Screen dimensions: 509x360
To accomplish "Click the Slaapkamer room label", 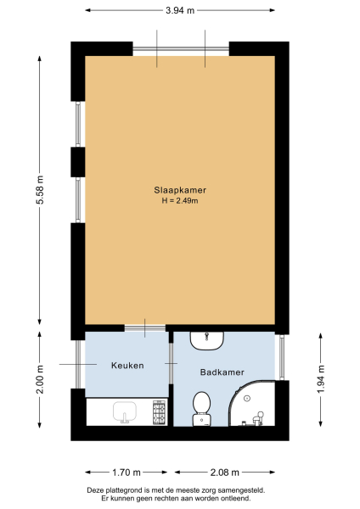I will pyautogui.click(x=179, y=190).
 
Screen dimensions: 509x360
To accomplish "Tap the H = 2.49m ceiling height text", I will pyautogui.click(x=179, y=200).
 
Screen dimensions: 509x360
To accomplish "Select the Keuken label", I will pyautogui.click(x=127, y=366).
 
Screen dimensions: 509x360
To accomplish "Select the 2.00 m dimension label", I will pyautogui.click(x=40, y=384).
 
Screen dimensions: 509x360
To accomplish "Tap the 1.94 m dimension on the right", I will pyautogui.click(x=321, y=383).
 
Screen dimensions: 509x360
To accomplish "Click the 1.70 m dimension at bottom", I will pyautogui.click(x=127, y=472).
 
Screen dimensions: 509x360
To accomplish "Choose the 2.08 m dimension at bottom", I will pyautogui.click(x=224, y=472).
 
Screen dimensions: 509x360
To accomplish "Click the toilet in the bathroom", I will pyautogui.click(x=202, y=405).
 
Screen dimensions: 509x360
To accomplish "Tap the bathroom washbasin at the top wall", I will pyautogui.click(x=206, y=340).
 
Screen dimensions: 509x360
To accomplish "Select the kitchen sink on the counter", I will pyautogui.click(x=127, y=412).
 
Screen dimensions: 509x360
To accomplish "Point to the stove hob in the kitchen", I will pyautogui.click(x=156, y=412).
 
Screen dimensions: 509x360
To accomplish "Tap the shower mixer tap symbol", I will pyautogui.click(x=262, y=415).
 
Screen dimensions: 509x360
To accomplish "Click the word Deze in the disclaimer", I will pyautogui.click(x=97, y=489).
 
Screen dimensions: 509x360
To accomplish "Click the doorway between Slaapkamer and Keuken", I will pyautogui.click(x=144, y=327).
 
